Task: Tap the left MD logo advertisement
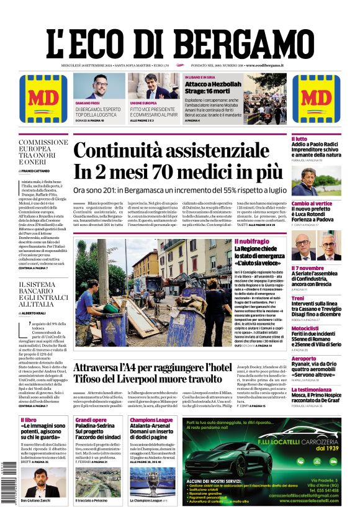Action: point(43,99)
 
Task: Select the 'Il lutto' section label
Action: point(300,138)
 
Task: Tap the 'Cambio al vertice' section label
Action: point(312,203)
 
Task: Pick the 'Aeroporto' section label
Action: point(304,358)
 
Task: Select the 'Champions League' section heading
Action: point(151,420)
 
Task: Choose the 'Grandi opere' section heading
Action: point(91,420)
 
